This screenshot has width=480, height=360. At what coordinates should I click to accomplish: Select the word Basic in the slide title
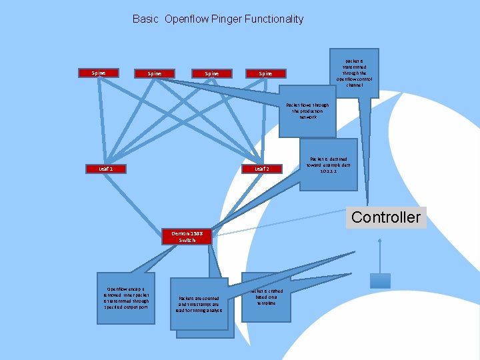tap(145, 19)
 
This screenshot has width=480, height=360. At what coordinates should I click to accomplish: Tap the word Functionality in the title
tap(276, 19)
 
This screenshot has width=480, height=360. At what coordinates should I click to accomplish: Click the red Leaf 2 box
tap(262, 169)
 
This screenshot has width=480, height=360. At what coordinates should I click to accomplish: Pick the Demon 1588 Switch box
tap(187, 236)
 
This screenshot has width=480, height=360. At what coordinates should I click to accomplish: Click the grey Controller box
tap(386, 217)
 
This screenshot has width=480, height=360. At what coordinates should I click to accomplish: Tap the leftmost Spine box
tap(98, 73)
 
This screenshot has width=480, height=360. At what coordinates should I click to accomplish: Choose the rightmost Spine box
tap(265, 73)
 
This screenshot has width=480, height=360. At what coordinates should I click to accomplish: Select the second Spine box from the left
tap(155, 73)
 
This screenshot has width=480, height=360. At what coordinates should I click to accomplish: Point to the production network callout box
tap(307, 111)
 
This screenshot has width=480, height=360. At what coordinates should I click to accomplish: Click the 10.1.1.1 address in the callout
tap(329, 171)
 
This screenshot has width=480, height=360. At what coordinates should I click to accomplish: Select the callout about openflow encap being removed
tap(126, 297)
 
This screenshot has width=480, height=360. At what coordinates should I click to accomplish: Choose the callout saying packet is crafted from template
tap(266, 297)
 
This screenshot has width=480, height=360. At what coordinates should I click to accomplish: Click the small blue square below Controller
tap(380, 281)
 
